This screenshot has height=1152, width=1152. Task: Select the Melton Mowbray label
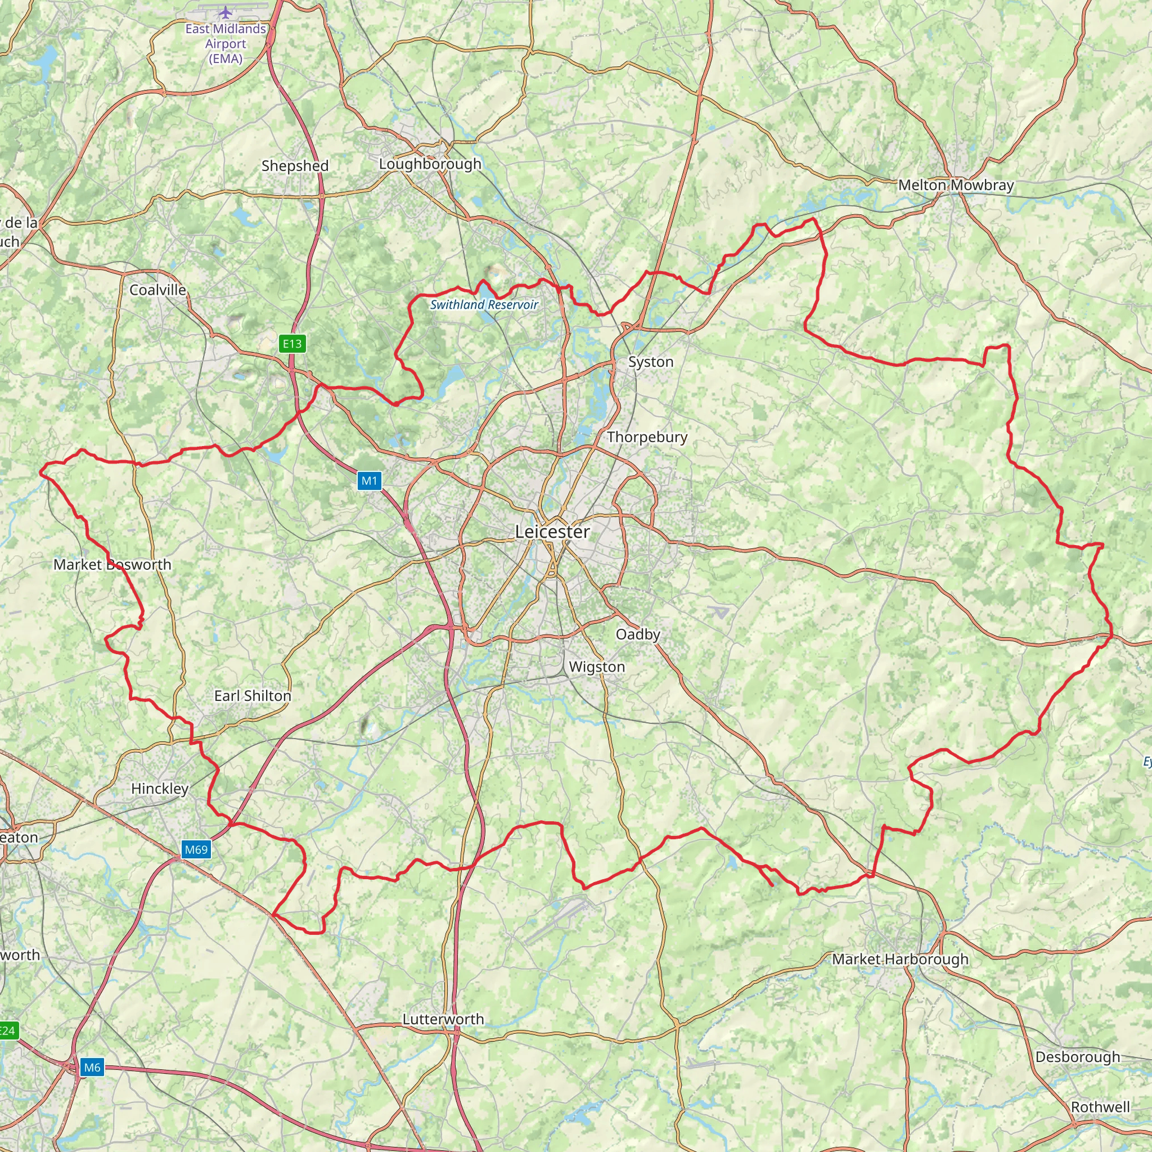tap(956, 185)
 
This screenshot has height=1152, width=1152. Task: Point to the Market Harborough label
tap(900, 959)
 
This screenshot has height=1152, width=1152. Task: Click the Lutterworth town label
tap(443, 1019)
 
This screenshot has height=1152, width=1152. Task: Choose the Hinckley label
tap(160, 788)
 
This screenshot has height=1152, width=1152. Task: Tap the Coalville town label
tap(158, 290)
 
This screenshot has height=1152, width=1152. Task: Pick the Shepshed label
tap(295, 166)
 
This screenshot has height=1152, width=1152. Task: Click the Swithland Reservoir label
tap(484, 305)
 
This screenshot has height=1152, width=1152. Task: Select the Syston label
tap(651, 362)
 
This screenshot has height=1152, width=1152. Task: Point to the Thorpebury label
tap(647, 437)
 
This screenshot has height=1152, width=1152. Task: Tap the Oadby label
tap(637, 634)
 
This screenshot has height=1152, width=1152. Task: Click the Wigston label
tap(597, 667)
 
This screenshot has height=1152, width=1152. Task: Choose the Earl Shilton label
tap(253, 696)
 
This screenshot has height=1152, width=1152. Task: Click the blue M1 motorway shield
tap(369, 480)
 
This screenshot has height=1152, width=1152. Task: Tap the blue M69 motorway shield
tap(196, 850)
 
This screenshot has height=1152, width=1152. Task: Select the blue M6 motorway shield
tap(92, 1067)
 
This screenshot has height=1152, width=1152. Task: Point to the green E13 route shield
tap(292, 344)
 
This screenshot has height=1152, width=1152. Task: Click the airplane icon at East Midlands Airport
tap(226, 12)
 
